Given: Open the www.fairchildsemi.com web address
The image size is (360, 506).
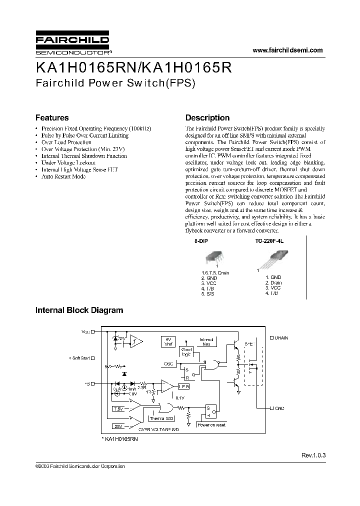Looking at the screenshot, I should (287, 50).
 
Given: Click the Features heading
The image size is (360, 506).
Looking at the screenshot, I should (52, 118).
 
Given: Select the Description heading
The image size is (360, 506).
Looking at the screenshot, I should (207, 118).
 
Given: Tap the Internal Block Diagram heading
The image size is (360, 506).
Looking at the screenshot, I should (79, 310).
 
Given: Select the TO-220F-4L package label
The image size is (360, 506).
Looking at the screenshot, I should (269, 241).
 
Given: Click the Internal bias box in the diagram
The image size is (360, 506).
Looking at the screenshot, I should (206, 342).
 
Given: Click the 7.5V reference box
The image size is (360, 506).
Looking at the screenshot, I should (118, 408).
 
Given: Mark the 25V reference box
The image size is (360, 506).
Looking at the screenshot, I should (118, 426).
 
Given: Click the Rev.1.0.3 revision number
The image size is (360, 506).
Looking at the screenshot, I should (313, 455).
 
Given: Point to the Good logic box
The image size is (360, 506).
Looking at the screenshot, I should (186, 351).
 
